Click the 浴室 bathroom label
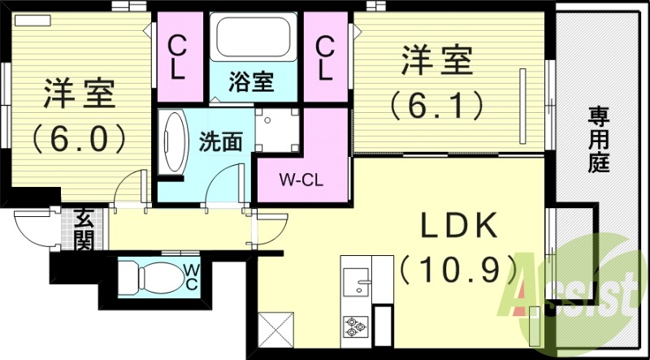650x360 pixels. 250,81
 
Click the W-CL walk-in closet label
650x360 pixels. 303,180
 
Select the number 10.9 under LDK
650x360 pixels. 459,266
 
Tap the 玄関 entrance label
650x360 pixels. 84,230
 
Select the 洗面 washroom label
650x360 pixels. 220,140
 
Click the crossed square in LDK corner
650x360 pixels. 274,332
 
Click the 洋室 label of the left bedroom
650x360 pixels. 79,93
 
